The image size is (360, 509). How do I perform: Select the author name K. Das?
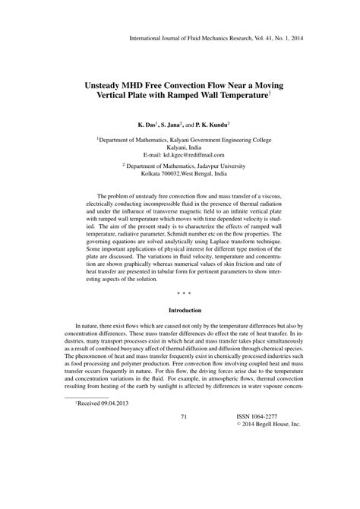click(x=149, y=122)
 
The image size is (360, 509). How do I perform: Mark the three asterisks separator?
click(x=180, y=291)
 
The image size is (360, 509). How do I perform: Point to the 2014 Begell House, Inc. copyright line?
click(x=262, y=425)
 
